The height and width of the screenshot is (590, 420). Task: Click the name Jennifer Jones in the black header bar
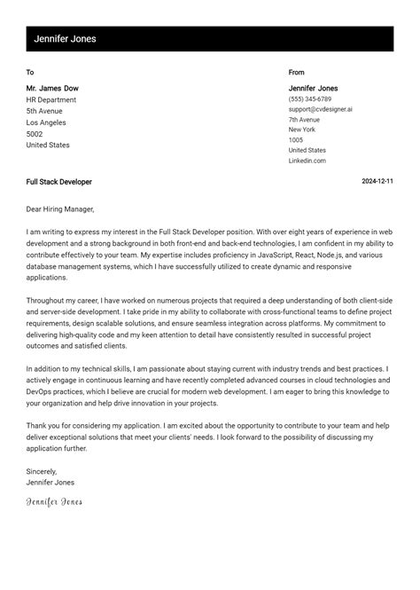point(65,39)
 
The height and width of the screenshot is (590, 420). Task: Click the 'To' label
point(30,73)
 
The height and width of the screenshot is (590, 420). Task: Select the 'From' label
point(296,73)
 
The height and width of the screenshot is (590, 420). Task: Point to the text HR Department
point(51,100)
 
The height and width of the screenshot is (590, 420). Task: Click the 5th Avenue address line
point(44,112)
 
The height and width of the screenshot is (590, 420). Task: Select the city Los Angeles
point(46,123)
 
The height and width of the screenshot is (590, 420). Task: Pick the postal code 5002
point(35,135)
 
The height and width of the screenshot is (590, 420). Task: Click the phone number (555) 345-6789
point(309,99)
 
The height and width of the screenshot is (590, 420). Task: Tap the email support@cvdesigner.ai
point(320,109)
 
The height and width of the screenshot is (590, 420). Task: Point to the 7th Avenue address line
point(304,120)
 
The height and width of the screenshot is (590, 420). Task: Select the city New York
point(302,130)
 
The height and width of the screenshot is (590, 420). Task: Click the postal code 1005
point(296,140)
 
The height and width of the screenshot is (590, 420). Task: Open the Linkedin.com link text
point(307,161)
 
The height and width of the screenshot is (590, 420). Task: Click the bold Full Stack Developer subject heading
point(58,182)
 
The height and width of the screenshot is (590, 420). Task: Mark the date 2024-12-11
point(377,182)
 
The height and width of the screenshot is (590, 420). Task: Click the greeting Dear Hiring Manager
point(60,209)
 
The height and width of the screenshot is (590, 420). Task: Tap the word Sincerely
point(42,471)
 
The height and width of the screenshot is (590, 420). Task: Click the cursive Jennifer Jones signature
point(54,502)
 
